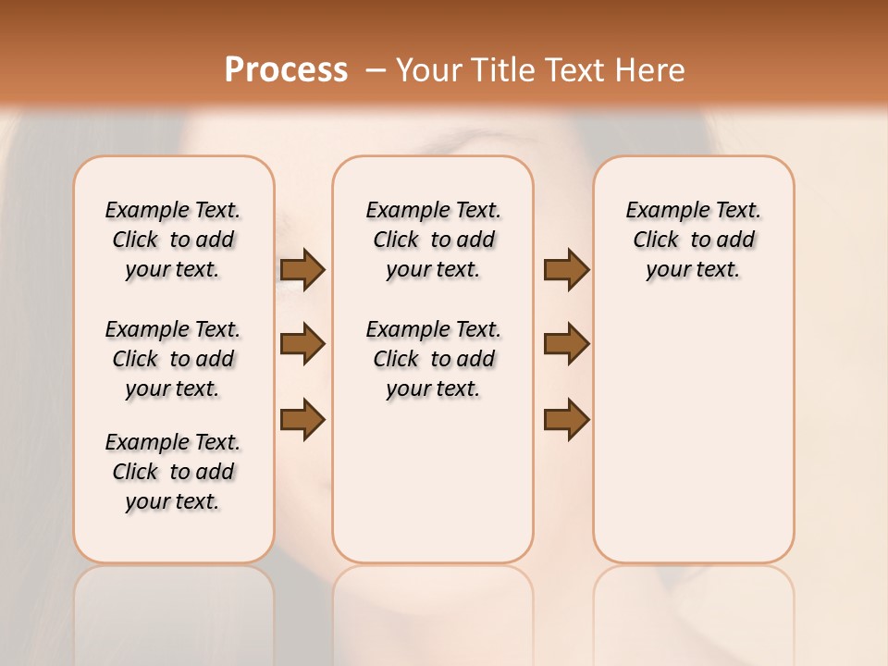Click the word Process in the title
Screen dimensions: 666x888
click(286, 70)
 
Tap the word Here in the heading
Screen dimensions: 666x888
click(650, 70)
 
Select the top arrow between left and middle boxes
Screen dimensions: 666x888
click(302, 270)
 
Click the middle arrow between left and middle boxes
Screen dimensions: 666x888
click(302, 344)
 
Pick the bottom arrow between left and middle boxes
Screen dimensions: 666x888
click(302, 419)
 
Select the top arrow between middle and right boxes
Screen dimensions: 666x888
click(566, 270)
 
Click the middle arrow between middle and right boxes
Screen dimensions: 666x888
click(566, 344)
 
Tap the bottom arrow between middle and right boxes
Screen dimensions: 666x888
click(566, 419)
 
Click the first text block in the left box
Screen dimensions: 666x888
click(173, 240)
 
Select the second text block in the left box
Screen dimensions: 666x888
click(173, 359)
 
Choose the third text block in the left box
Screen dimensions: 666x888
click(173, 472)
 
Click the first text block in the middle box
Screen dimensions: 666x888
click(433, 240)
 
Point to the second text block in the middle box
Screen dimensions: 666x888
click(433, 359)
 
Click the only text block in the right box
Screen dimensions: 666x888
click(693, 240)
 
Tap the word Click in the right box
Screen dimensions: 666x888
click(656, 240)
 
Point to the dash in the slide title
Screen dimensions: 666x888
click(376, 70)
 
